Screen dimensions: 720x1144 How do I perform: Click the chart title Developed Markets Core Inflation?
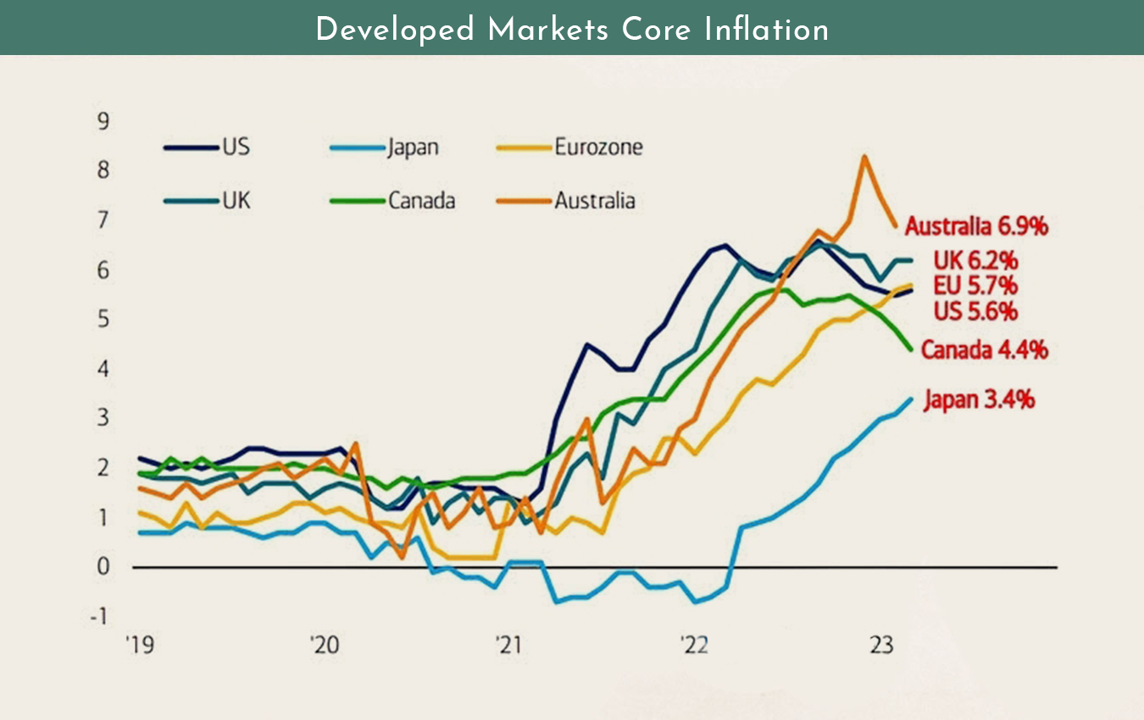pos(572,30)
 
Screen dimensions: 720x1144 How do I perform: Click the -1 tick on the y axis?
pos(100,616)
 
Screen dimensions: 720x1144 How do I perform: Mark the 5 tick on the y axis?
pos(103,319)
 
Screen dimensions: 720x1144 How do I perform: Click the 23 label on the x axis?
pos(882,645)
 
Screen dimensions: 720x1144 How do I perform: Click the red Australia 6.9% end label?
pos(977,227)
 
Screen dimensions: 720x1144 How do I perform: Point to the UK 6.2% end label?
pos(975,260)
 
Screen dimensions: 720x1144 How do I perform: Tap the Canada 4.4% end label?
pos(984,349)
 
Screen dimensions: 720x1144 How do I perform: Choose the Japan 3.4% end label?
pos(979,399)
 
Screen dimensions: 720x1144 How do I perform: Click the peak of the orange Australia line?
pos(864,157)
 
